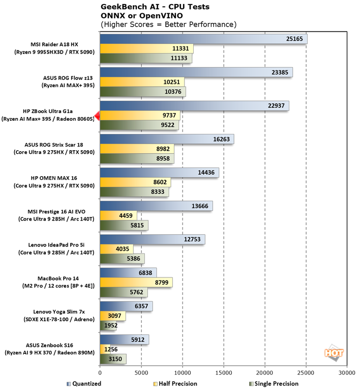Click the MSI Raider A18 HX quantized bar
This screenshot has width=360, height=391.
click(x=203, y=39)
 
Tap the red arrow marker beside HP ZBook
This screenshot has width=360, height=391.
click(x=97, y=116)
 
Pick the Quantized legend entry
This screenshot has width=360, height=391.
click(x=84, y=383)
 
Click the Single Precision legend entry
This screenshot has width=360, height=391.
click(x=273, y=383)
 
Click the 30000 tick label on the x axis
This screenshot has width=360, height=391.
click(x=347, y=373)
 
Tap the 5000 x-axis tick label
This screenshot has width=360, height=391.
click(x=141, y=373)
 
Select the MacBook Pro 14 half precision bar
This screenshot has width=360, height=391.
click(x=136, y=283)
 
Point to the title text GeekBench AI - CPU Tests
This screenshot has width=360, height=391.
click(x=155, y=7)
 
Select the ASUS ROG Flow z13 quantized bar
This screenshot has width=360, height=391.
click(x=196, y=72)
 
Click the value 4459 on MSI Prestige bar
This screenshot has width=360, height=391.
click(x=126, y=216)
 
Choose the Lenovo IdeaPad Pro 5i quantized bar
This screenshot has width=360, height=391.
click(x=153, y=239)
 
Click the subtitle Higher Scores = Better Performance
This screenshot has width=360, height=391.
click(x=168, y=24)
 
